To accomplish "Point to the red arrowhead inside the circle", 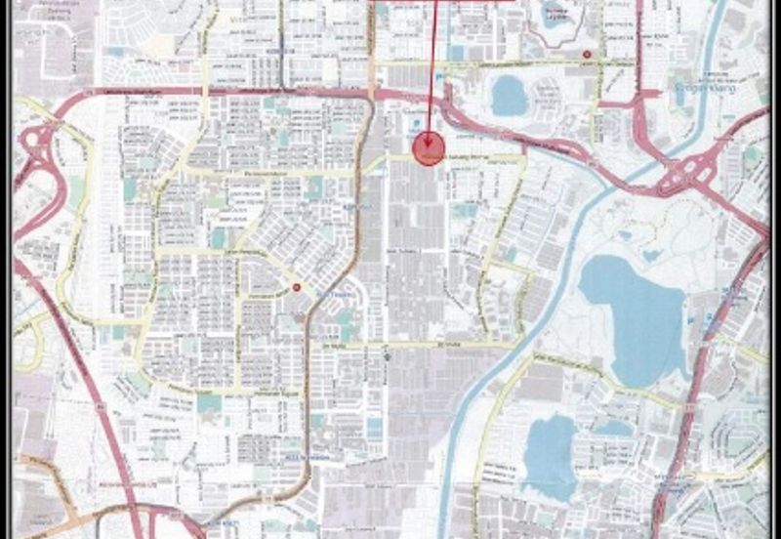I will point(428,146).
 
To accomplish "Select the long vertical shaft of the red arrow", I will point(432,68).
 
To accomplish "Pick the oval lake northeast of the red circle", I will point(509,96).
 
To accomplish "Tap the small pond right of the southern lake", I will point(614,427).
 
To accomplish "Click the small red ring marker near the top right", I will point(586,54).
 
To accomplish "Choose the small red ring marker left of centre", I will point(296,287).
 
